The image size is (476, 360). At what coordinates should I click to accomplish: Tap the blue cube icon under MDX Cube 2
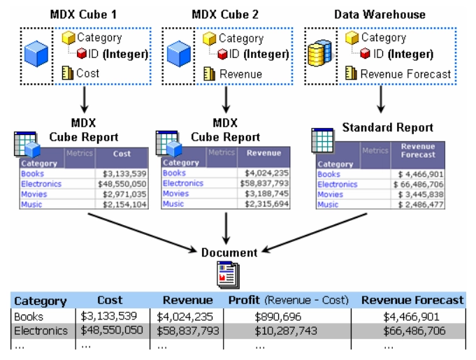pyautogui.click(x=180, y=55)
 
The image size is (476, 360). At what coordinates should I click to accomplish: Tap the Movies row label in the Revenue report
pyautogui.click(x=175, y=194)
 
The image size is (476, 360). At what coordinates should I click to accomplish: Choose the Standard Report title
pyautogui.click(x=387, y=128)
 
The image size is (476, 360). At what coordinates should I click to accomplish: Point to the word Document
pyautogui.click(x=229, y=252)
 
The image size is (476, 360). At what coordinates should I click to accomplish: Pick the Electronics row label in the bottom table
pyautogui.click(x=41, y=330)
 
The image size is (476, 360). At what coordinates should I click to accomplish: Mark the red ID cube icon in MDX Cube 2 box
pyautogui.click(x=223, y=54)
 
